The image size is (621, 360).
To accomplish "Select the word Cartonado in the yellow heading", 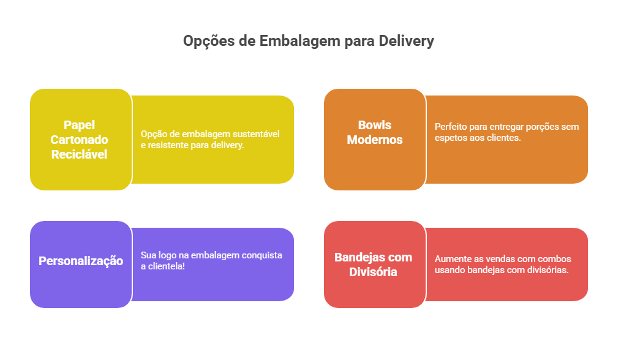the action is click(x=79, y=140).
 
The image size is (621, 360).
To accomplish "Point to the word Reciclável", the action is click(x=79, y=154).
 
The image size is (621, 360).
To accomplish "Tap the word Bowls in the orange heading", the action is click(x=375, y=125).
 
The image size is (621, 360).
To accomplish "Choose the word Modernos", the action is click(x=375, y=140).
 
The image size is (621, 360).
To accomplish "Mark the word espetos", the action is click(x=449, y=138).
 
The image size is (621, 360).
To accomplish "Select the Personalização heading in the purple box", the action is click(x=81, y=261).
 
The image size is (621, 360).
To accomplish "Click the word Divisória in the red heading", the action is click(x=373, y=272).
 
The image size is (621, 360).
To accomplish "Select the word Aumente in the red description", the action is click(x=451, y=259).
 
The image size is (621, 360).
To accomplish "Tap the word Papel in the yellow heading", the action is click(x=79, y=125).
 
